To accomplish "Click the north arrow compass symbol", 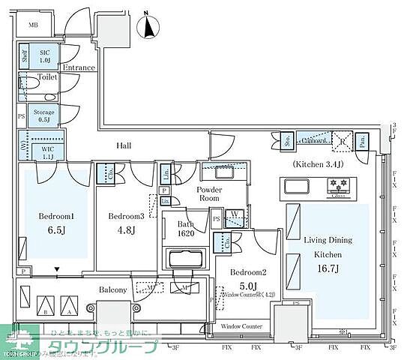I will click(x=152, y=26).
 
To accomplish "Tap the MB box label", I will click(x=33, y=25).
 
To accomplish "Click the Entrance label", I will click(x=79, y=67).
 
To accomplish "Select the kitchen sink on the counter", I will click(x=295, y=186).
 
